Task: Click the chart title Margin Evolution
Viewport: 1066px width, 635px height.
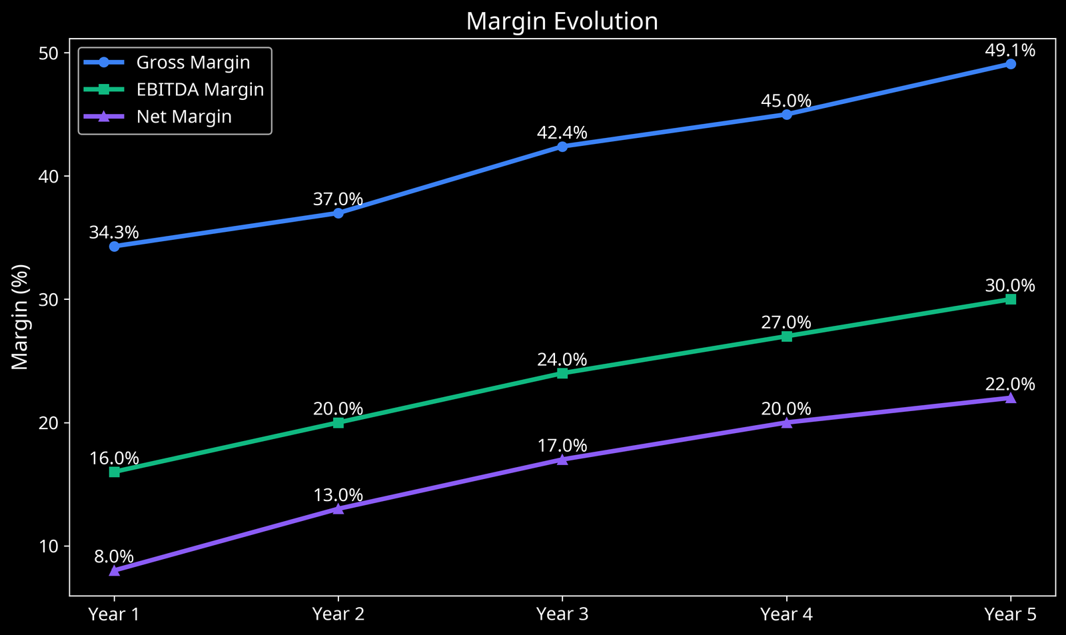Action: [562, 21]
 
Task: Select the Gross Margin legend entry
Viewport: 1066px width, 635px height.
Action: [193, 63]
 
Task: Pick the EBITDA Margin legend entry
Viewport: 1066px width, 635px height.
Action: [200, 89]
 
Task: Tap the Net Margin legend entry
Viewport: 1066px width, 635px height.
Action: [184, 117]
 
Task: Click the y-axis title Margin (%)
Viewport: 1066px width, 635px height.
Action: [21, 317]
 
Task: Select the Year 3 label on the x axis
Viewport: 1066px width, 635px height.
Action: [562, 614]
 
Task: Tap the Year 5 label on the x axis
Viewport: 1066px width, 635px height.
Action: [1010, 614]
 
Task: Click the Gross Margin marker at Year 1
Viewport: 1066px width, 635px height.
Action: [115, 247]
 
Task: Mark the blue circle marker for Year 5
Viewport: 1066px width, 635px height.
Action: [1011, 64]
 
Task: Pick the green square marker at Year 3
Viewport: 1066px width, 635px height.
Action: [562, 373]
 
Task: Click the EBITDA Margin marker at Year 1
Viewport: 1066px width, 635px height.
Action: [115, 472]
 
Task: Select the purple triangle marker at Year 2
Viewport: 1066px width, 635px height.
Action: [338, 509]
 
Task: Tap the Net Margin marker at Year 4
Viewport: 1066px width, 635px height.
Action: [787, 422]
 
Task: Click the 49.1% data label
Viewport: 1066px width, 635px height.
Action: [1010, 50]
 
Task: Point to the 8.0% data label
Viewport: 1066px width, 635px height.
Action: [114, 556]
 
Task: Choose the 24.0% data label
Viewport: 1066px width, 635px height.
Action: [562, 360]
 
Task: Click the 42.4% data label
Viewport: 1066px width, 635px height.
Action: [562, 133]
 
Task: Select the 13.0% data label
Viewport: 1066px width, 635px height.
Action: [338, 495]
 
